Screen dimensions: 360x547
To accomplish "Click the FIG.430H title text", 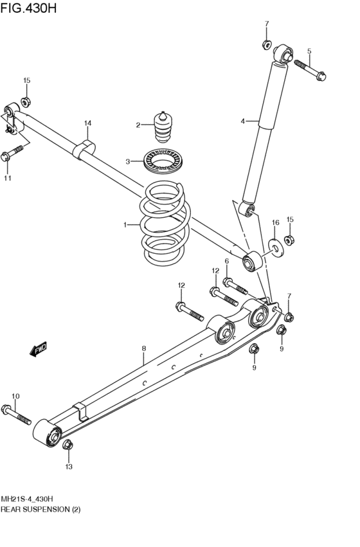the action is pos(28,7).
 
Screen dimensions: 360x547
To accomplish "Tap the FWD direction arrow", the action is pos(38,349).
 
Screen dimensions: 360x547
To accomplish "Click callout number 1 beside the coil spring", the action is pos(125,225).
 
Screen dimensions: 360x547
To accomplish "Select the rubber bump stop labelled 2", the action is pos(163,127).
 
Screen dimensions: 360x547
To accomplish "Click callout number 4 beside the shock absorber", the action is pos(243,121).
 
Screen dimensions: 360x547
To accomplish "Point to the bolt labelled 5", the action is pos(310,70).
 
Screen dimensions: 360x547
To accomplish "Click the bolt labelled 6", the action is pos(235,285).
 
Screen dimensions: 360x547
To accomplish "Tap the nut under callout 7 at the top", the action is pos(267,44).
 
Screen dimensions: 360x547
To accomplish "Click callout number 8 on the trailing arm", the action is pos(144,348).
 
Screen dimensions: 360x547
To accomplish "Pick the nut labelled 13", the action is pos(67,445).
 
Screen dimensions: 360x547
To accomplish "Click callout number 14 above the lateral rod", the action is pos(87,123).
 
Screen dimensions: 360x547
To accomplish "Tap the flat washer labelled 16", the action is pos(276,247).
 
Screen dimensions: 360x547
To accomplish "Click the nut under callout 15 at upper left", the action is pos(26,102).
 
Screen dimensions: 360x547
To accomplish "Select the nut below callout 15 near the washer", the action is pos(289,240).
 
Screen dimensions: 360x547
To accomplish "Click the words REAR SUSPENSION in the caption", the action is pos(35,509).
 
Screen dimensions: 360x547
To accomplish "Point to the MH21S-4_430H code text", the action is pos(27,499).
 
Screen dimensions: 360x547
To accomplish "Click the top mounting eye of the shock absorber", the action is pos(283,54).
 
